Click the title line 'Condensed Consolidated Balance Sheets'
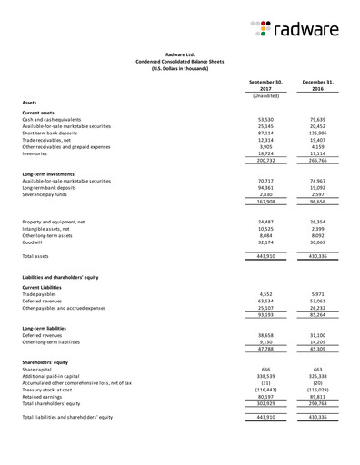click(180, 60)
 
